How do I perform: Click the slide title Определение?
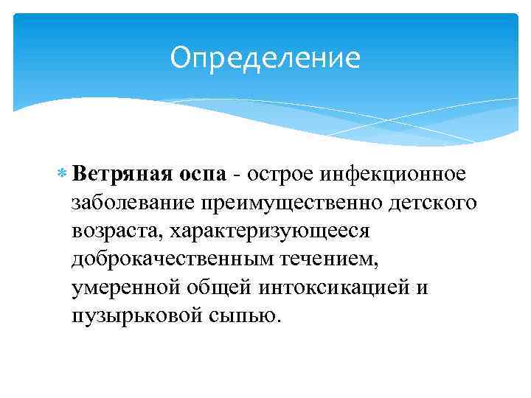point(265,58)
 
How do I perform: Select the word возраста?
point(117,231)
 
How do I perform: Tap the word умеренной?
point(125,287)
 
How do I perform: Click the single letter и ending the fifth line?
point(422,287)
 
